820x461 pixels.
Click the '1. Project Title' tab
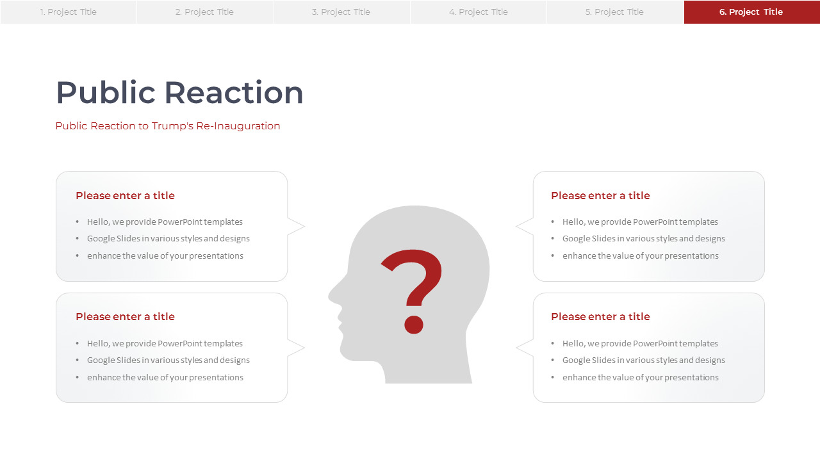coord(69,12)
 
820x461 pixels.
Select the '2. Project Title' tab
coord(205,12)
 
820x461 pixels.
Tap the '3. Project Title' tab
coord(341,12)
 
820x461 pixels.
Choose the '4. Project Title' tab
coord(479,12)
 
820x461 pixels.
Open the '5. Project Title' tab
coord(615,12)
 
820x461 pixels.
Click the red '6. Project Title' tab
coord(752,12)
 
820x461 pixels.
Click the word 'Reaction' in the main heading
coord(234,93)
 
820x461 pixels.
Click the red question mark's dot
coord(414,325)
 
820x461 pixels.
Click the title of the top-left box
coord(125,196)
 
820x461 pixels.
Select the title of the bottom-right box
coord(600,316)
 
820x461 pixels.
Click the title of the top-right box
coord(600,196)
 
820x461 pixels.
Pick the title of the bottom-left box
coord(125,316)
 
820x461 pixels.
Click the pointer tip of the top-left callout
coord(304,227)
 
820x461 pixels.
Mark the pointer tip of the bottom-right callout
coord(516,348)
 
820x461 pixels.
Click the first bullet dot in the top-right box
coord(553,222)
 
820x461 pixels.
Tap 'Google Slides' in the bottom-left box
coord(113,360)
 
